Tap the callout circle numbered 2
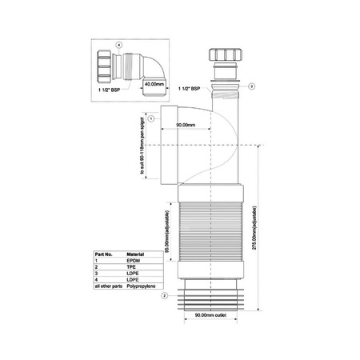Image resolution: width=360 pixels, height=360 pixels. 163,296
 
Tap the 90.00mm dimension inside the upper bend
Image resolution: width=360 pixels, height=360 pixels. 185,124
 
